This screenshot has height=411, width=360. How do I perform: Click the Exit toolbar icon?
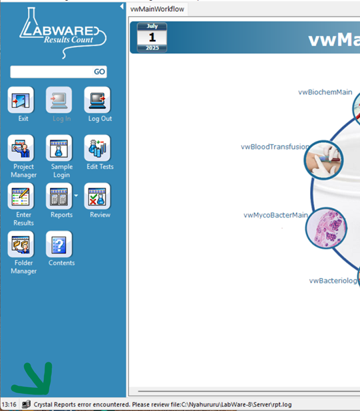tap(21, 100)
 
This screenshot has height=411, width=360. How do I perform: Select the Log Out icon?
tap(97, 100)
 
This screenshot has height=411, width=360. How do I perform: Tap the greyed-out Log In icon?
tap(59, 100)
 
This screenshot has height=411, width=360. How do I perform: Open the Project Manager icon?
tap(21, 148)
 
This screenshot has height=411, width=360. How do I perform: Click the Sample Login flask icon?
tap(59, 148)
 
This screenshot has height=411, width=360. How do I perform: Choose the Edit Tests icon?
tap(97, 148)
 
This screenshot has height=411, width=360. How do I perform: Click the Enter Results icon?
tap(21, 196)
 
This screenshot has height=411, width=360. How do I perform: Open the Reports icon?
tap(59, 196)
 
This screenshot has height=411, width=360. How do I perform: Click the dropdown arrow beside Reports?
tap(76, 196)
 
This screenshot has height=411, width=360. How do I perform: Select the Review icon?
tap(97, 196)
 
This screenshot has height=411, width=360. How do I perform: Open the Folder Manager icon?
tap(21, 244)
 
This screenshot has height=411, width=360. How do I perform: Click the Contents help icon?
tap(59, 244)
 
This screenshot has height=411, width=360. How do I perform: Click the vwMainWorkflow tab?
tap(157, 9)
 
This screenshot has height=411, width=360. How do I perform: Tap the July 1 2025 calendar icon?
tap(152, 37)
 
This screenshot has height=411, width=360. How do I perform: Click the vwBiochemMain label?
tap(325, 92)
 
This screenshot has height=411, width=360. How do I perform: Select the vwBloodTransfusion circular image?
tap(323, 160)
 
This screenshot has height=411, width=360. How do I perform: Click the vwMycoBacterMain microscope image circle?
tap(326, 228)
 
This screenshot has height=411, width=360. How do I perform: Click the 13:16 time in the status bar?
tap(9, 404)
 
